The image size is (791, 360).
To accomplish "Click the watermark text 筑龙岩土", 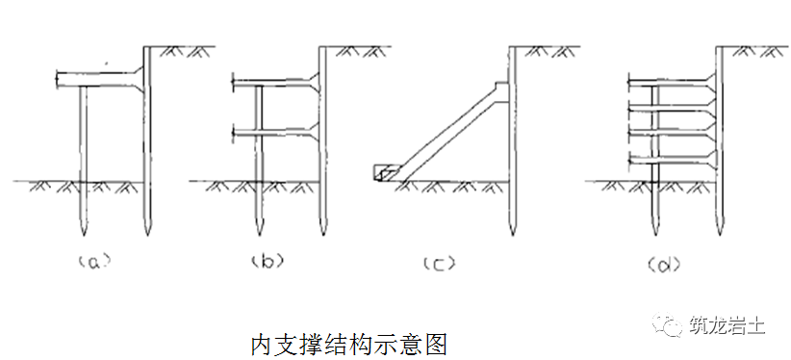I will coord(727,326).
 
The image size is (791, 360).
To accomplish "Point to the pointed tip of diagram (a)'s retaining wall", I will coord(147,232).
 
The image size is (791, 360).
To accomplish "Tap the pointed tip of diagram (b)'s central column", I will coord(258,229).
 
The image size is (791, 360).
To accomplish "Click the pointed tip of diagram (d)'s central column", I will coord(654,229).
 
